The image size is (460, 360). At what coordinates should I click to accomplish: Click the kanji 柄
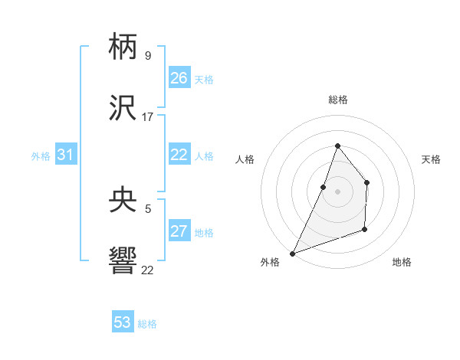(x=123, y=47)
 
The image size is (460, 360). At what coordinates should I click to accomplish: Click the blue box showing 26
(x=179, y=77)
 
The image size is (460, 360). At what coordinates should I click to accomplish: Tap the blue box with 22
(x=179, y=154)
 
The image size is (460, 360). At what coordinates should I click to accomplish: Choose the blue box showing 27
(x=179, y=231)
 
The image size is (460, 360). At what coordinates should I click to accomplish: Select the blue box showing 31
(x=66, y=155)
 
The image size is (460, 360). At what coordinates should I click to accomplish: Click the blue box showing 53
(x=123, y=322)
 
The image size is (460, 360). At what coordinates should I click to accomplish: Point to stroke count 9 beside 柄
(x=147, y=56)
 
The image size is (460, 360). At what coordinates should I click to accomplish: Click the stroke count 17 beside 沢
(x=148, y=117)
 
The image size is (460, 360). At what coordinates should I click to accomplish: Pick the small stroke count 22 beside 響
(x=147, y=270)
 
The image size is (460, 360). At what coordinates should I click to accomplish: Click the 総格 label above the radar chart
(x=337, y=100)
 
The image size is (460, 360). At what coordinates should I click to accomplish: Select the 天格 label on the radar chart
(x=431, y=159)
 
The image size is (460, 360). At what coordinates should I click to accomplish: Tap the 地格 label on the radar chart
(x=402, y=262)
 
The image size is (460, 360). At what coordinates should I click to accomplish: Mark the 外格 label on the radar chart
(x=270, y=262)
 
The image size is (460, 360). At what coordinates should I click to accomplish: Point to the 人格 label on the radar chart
(x=245, y=159)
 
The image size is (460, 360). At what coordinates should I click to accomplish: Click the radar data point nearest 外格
(x=292, y=253)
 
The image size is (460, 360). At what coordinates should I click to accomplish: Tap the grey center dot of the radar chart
(x=337, y=191)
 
